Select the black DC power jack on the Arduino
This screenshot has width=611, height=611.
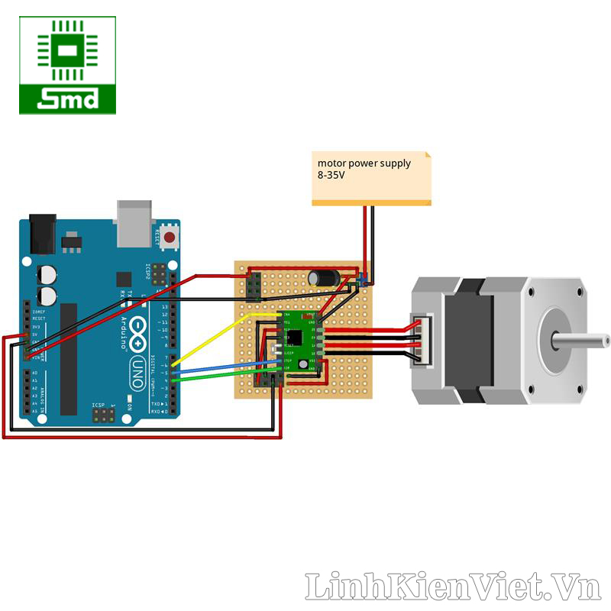click(x=43, y=234)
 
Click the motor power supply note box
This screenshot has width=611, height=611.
click(x=371, y=178)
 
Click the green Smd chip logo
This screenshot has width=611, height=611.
click(x=68, y=65)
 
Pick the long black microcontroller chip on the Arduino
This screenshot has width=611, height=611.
click(x=69, y=359)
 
